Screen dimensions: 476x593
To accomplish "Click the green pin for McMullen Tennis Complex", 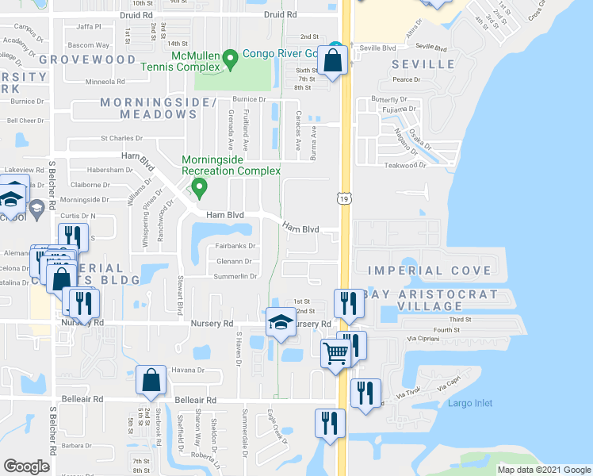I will tap(231, 58).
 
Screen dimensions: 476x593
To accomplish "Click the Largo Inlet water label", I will tap(470, 403).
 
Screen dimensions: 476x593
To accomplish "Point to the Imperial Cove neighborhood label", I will tap(429, 271).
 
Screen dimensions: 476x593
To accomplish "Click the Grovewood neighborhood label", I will tap(88, 59).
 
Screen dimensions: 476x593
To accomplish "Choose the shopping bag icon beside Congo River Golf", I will tap(334, 60).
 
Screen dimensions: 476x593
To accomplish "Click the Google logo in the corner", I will tap(26, 466).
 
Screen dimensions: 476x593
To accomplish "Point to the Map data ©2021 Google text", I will tap(544, 470).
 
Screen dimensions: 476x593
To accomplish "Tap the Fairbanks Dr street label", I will tap(236, 246).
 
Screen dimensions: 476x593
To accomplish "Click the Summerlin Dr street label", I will tap(235, 276).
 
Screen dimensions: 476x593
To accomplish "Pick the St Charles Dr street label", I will tap(121, 138).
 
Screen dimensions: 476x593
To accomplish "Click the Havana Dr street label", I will tap(189, 370).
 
